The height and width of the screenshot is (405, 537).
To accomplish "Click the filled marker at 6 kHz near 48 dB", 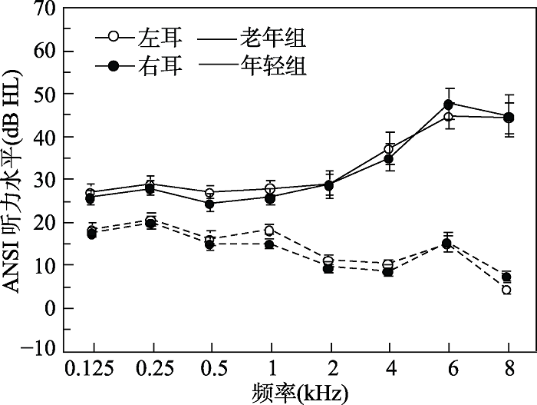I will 449,104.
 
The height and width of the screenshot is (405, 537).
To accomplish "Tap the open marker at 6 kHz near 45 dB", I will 449,117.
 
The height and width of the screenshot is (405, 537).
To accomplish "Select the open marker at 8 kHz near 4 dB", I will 507,290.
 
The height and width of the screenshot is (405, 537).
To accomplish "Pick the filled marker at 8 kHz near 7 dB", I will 507,277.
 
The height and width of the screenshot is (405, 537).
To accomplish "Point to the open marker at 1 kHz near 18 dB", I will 269,231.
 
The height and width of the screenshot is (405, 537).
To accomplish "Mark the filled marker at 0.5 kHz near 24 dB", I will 209,204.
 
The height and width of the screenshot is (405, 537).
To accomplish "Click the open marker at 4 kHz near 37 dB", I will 389,149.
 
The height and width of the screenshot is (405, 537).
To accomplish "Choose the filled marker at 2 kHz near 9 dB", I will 329,269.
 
